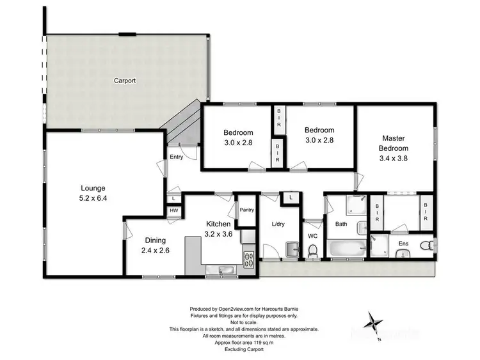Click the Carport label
point(124,81)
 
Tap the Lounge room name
point(92,188)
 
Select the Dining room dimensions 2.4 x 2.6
point(155,251)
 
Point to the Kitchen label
point(218,224)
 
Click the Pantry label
point(247,209)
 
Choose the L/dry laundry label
point(278,224)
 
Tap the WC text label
point(314,236)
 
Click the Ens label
point(404,244)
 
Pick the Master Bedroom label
point(394,143)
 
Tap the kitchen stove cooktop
point(248,259)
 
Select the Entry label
point(177,157)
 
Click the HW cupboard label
point(173,210)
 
